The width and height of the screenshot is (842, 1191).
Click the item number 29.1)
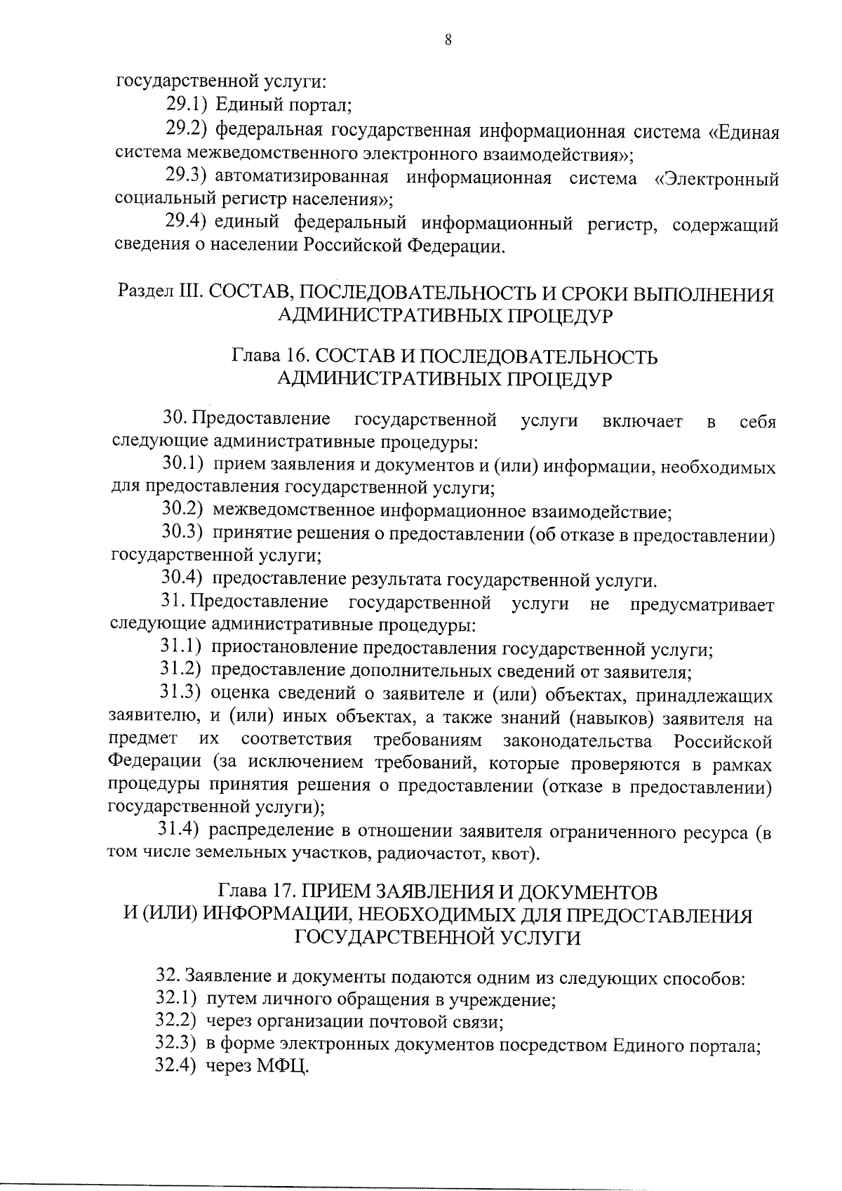coord(187,105)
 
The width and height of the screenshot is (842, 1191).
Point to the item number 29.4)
coord(185,223)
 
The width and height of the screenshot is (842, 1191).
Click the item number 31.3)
coord(181,695)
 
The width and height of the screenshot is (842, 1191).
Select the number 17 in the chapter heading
coord(282,892)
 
